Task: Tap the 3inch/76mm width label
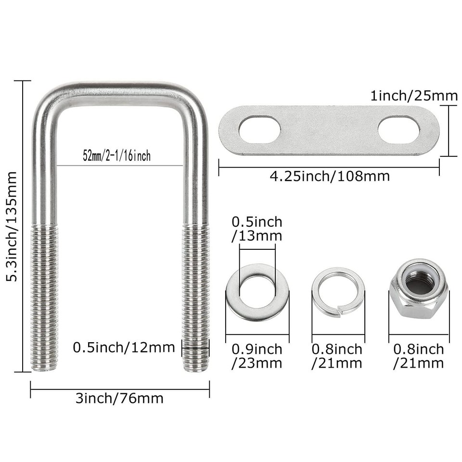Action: (119, 398)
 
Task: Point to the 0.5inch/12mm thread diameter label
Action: (124, 347)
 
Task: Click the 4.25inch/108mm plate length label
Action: (329, 176)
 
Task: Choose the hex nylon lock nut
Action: (418, 289)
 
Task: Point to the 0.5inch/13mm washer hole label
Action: (257, 229)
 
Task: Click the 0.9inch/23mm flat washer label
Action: (257, 356)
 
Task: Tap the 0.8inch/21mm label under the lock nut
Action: (418, 356)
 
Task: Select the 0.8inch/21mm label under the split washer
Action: (337, 356)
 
